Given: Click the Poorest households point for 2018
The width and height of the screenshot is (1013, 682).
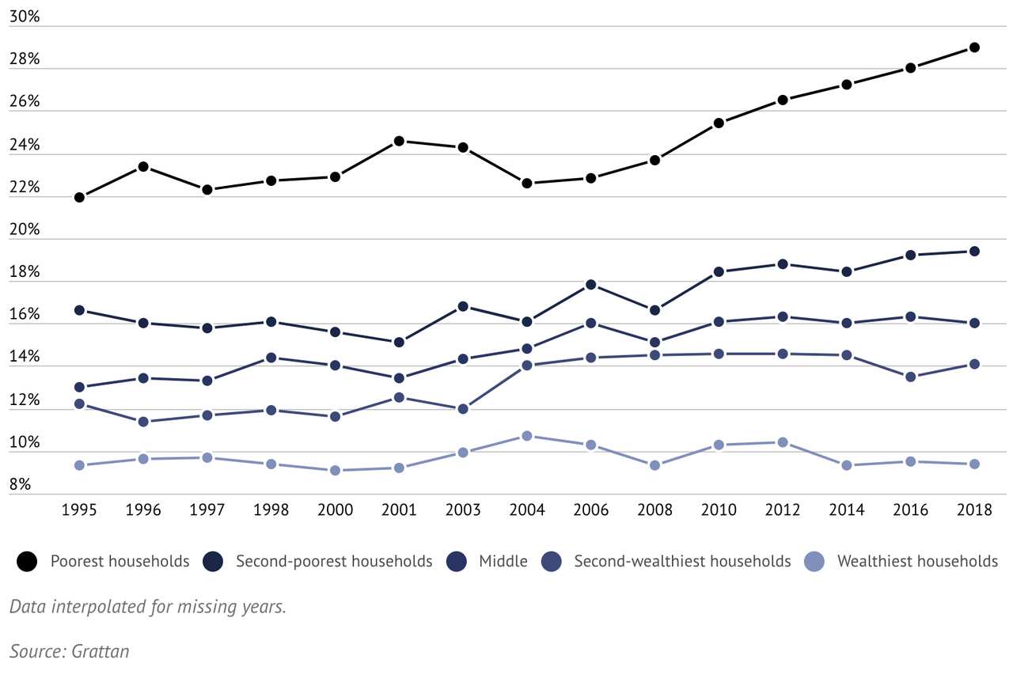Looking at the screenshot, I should pyautogui.click(x=974, y=47).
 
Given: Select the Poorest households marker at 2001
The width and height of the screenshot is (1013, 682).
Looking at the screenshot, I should pyautogui.click(x=399, y=141).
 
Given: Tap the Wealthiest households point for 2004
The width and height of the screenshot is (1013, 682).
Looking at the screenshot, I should pyautogui.click(x=527, y=436).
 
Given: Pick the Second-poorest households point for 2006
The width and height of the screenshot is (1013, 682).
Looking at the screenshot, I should pyautogui.click(x=590, y=285).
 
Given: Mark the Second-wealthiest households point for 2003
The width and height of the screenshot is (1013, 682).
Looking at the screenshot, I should pyautogui.click(x=463, y=409).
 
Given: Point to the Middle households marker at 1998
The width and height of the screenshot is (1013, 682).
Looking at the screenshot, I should pyautogui.click(x=271, y=358).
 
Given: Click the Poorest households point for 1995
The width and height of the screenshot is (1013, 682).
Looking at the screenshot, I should pyautogui.click(x=79, y=197).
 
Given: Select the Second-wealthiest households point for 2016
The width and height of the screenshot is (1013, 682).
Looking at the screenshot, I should pyautogui.click(x=911, y=377).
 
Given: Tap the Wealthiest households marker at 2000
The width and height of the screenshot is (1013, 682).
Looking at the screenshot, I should pyautogui.click(x=335, y=470).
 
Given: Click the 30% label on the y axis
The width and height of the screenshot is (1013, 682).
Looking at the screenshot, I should pyautogui.click(x=24, y=17).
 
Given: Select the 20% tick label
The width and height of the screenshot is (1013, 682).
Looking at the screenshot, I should pyautogui.click(x=24, y=229).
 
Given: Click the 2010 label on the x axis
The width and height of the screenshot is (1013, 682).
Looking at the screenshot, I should pyautogui.click(x=719, y=510).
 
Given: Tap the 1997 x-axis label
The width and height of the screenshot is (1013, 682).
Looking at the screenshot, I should pyautogui.click(x=207, y=510).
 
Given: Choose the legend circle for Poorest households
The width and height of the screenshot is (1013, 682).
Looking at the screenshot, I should pyautogui.click(x=28, y=562).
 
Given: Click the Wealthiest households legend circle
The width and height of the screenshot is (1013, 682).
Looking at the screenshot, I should pyautogui.click(x=814, y=562).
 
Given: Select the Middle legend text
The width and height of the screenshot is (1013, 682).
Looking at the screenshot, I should pyautogui.click(x=503, y=562).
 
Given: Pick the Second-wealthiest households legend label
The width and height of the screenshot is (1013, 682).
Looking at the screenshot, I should pyautogui.click(x=682, y=562).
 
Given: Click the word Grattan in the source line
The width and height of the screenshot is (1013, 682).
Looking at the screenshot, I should pyautogui.click(x=100, y=652).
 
